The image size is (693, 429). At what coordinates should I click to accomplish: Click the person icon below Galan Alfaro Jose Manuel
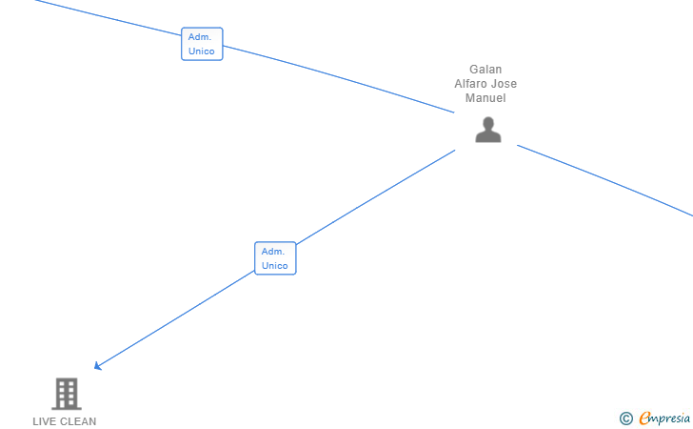(487, 130)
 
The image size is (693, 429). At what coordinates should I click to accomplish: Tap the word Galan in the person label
(485, 70)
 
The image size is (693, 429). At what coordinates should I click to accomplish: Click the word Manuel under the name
(485, 98)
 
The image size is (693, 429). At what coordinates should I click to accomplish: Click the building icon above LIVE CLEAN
(66, 393)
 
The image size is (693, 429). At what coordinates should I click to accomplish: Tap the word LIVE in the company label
(45, 421)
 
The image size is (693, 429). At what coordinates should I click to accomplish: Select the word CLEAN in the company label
(78, 421)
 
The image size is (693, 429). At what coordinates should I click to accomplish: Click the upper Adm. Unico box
(202, 44)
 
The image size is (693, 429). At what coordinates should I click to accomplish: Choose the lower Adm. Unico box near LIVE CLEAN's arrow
(275, 258)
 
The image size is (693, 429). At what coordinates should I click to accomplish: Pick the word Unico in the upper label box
(202, 51)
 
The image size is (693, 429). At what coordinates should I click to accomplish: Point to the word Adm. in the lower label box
(274, 252)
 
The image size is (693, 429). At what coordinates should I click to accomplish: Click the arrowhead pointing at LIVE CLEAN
(97, 366)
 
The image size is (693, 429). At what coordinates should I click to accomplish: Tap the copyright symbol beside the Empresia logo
(625, 418)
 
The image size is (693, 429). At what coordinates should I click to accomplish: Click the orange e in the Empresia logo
(644, 418)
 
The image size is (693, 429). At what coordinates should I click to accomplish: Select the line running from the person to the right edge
(609, 182)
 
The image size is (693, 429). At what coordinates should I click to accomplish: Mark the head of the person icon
(487, 122)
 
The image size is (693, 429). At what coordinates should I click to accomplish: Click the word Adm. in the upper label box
(200, 36)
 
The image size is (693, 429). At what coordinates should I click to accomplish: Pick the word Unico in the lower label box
(275, 266)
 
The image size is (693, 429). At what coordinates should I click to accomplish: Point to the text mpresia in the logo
(670, 418)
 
